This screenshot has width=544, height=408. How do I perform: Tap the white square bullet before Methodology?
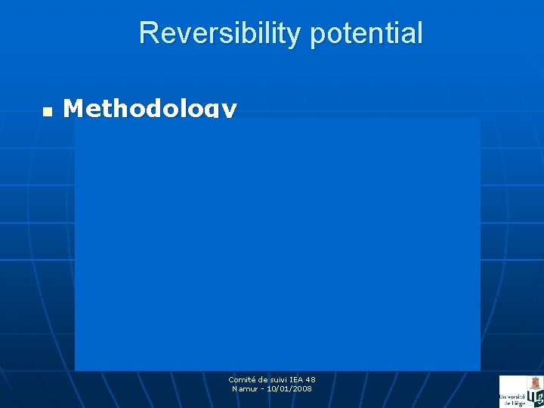click(47, 111)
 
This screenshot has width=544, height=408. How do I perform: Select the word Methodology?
click(150, 109)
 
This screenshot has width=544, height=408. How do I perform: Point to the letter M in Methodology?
click(74, 109)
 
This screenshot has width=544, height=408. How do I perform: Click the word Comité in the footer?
click(242, 379)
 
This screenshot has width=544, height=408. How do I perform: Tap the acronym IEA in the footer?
click(297, 379)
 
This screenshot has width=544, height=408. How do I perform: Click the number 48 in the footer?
click(311, 379)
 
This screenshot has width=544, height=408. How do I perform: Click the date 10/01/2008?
click(289, 388)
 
